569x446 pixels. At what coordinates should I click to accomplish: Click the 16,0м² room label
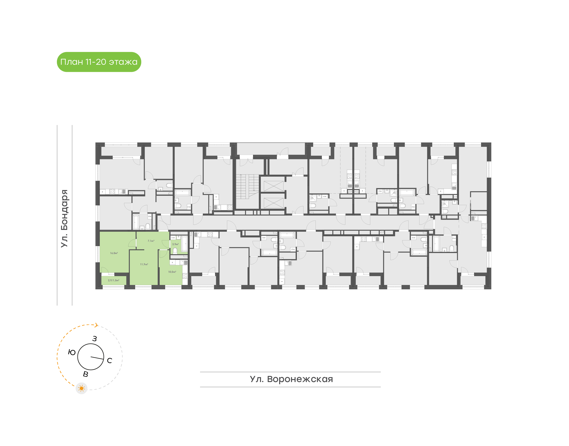[x=114, y=253]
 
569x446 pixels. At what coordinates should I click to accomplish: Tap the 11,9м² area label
[x=144, y=264]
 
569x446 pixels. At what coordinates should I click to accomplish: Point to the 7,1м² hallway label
[x=151, y=241]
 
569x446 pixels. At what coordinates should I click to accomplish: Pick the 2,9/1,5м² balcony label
[x=113, y=280]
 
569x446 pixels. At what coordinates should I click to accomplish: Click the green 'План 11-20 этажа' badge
[x=99, y=62]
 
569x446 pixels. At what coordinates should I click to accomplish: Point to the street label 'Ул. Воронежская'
[x=291, y=379]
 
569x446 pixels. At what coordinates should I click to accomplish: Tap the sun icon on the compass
[x=82, y=388]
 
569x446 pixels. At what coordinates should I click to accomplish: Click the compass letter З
[x=95, y=339]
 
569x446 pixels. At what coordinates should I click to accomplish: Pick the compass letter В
[x=86, y=374]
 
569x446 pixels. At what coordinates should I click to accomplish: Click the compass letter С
[x=109, y=361]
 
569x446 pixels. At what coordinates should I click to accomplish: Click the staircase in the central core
[x=247, y=186]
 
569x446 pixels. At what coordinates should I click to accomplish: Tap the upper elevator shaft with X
[x=273, y=186]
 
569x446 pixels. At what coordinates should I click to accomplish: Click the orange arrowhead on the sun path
[x=96, y=325]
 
